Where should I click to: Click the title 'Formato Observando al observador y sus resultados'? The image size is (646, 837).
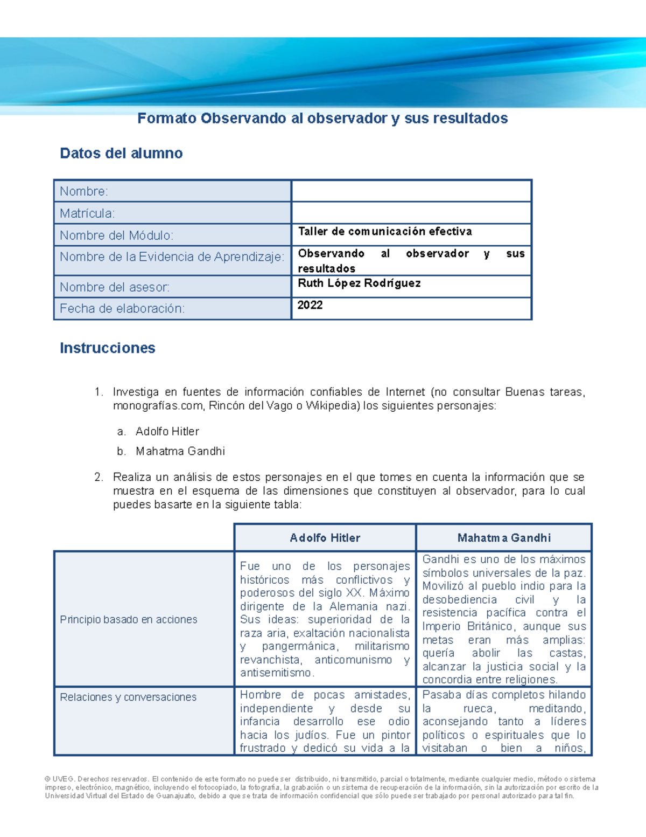(x=322, y=119)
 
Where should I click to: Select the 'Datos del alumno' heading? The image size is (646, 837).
(x=121, y=154)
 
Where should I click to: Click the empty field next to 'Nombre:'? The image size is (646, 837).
(x=411, y=191)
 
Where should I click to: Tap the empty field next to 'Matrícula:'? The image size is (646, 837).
(x=411, y=213)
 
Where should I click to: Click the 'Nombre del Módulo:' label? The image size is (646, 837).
(x=116, y=236)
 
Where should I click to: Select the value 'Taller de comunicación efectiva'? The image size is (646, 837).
(x=385, y=232)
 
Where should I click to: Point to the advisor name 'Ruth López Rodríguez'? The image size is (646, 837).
(x=359, y=283)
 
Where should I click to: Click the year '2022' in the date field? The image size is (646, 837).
(x=310, y=305)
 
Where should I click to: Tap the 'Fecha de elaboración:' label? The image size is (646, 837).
(x=122, y=309)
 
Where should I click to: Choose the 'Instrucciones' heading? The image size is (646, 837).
(x=108, y=348)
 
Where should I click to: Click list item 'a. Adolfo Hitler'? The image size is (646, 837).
(x=167, y=432)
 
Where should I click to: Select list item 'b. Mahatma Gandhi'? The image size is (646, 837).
(x=180, y=452)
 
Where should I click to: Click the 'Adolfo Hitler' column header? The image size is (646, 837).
(x=325, y=538)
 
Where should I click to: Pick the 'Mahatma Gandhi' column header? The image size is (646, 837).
(x=504, y=538)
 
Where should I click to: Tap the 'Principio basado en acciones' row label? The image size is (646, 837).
(x=129, y=620)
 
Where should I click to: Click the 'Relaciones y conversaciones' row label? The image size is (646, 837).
(x=128, y=697)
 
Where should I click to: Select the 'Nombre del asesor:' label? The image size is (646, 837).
(x=115, y=287)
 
